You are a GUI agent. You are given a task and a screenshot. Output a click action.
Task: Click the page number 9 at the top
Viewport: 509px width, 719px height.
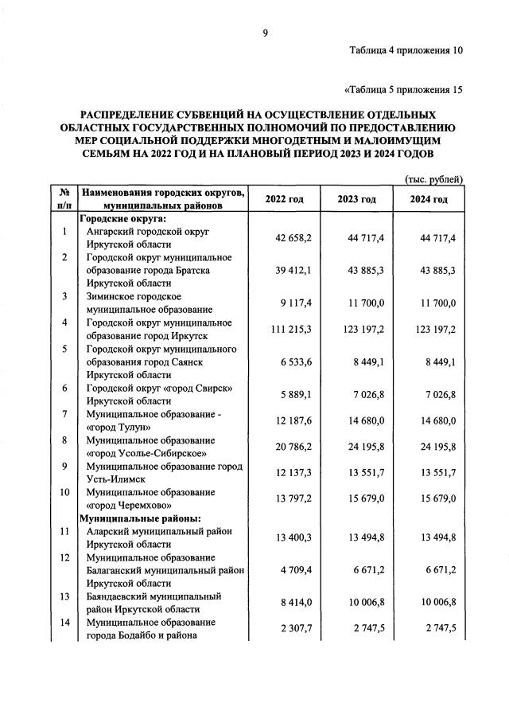(x=266, y=33)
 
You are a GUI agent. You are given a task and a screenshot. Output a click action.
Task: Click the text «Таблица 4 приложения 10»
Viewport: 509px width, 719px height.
(x=406, y=51)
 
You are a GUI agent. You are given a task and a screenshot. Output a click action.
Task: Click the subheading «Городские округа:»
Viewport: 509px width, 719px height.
(x=122, y=218)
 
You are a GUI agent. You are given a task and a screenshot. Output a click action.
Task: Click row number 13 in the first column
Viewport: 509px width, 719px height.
(x=63, y=596)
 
